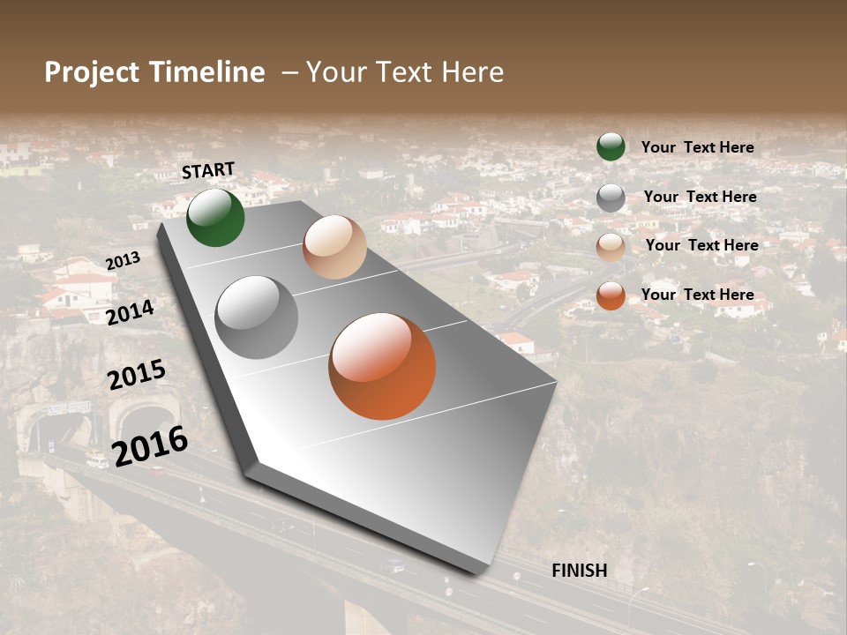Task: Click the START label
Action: [x=208, y=170]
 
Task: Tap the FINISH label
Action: [x=579, y=571]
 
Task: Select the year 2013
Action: [x=123, y=261]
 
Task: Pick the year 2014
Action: [x=131, y=312]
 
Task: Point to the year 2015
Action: [x=137, y=375]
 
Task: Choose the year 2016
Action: [x=150, y=445]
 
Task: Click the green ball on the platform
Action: [x=215, y=217]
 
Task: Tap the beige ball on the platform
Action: [x=334, y=247]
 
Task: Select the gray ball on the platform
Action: [x=257, y=317]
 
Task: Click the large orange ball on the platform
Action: [x=382, y=366]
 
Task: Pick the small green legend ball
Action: [x=611, y=146]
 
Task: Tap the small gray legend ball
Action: [x=611, y=198]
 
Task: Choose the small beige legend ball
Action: [x=611, y=247]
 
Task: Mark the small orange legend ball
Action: [x=611, y=295]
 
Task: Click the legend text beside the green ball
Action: [x=697, y=147]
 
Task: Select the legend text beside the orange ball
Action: [x=697, y=295]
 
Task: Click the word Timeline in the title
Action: [x=206, y=72]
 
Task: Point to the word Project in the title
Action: [x=92, y=72]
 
